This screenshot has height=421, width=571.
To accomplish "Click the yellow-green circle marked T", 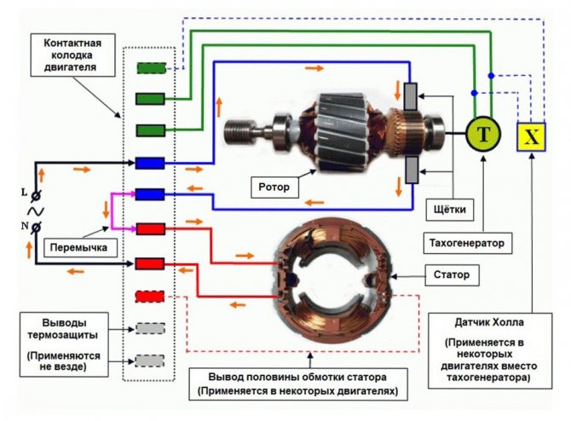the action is [x=483, y=135].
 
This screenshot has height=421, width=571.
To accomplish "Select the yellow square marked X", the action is [x=531, y=137].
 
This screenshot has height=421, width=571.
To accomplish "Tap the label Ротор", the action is [x=274, y=187].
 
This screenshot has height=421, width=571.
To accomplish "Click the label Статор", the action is [x=452, y=274].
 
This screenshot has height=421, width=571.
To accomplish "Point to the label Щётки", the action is [x=450, y=210].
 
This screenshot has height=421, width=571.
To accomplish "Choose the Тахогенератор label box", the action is [x=467, y=243].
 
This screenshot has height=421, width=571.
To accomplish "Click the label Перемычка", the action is [x=78, y=248].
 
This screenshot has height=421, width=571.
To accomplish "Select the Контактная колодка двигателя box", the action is [x=72, y=55].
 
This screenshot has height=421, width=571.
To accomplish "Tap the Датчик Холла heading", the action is [x=489, y=322].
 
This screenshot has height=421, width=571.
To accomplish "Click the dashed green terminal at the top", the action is [x=152, y=68].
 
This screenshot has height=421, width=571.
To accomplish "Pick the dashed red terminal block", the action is [x=150, y=296].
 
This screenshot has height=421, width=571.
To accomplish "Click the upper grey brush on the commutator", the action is [x=411, y=96].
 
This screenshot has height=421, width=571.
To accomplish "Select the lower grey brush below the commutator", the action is [x=412, y=170].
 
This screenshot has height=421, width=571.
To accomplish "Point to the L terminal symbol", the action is [x=35, y=195].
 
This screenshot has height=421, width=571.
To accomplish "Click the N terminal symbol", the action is [x=36, y=228].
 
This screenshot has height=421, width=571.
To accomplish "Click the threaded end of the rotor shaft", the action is [x=236, y=132].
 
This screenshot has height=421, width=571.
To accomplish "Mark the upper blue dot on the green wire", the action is [x=491, y=75].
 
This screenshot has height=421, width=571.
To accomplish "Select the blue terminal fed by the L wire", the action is [x=150, y=163].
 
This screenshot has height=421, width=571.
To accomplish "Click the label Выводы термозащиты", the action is [x=63, y=328].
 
